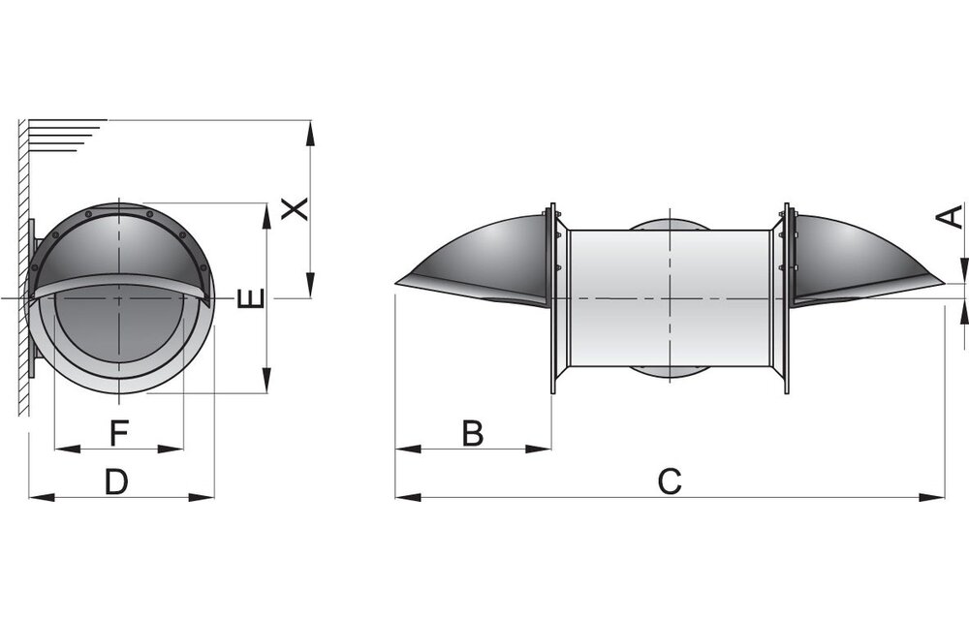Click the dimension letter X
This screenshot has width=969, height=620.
point(295,209)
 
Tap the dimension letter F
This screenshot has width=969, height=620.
point(118,432)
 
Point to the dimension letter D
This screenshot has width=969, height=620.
point(116,481)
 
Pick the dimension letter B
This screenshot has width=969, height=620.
point(473,433)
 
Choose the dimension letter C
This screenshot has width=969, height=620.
point(670,481)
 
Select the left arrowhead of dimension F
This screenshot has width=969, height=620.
point(68,449)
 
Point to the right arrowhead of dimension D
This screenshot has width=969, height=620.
point(202,496)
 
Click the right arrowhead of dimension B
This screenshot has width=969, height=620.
point(538,449)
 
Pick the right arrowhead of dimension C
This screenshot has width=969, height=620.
point(932,496)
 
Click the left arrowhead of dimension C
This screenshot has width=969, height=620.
point(408,496)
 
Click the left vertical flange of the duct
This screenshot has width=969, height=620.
point(553,298)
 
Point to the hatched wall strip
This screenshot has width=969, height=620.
point(23,266)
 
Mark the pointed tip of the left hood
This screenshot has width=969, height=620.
point(396,284)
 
